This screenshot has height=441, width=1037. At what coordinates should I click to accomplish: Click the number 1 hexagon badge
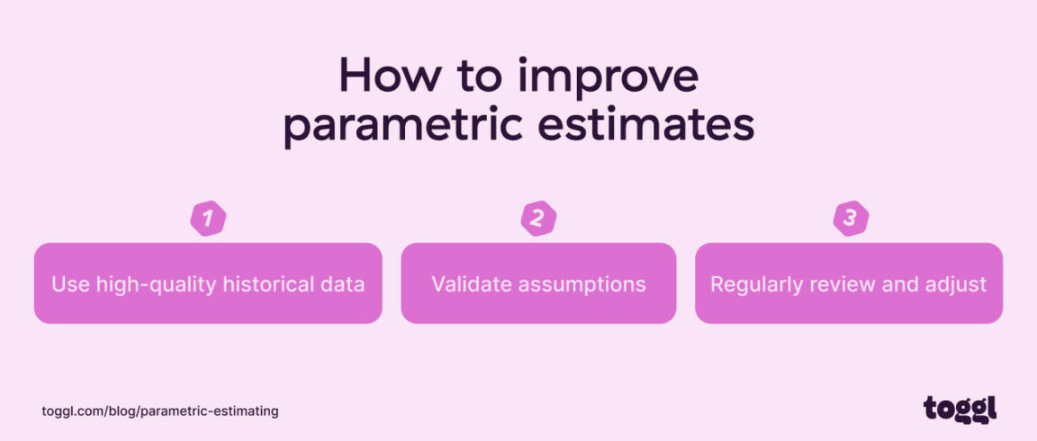[208, 218]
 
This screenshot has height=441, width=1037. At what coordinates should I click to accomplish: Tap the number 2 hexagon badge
[538, 218]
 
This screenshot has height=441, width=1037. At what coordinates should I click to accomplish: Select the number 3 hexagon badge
[851, 218]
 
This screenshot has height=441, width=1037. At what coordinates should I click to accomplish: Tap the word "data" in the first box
[343, 284]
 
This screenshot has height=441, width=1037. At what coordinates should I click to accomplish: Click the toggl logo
[960, 409]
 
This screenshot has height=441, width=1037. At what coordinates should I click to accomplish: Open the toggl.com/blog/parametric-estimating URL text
[160, 411]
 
